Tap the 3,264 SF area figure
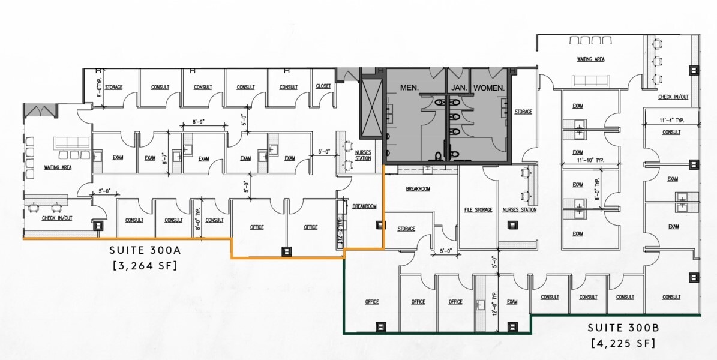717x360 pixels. (145, 266)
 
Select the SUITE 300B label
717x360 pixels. (623, 328)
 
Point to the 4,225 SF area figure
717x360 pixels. (623, 344)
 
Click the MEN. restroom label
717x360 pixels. (410, 88)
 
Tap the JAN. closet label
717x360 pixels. (459, 88)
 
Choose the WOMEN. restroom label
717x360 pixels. (490, 88)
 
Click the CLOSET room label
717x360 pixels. (323, 86)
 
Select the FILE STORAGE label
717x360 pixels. (478, 210)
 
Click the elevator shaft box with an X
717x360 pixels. (370, 109)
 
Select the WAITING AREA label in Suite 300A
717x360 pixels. (58, 167)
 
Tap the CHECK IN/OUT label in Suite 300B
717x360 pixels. (673, 97)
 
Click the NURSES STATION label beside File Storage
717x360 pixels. (520, 210)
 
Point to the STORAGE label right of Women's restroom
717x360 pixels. (523, 112)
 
